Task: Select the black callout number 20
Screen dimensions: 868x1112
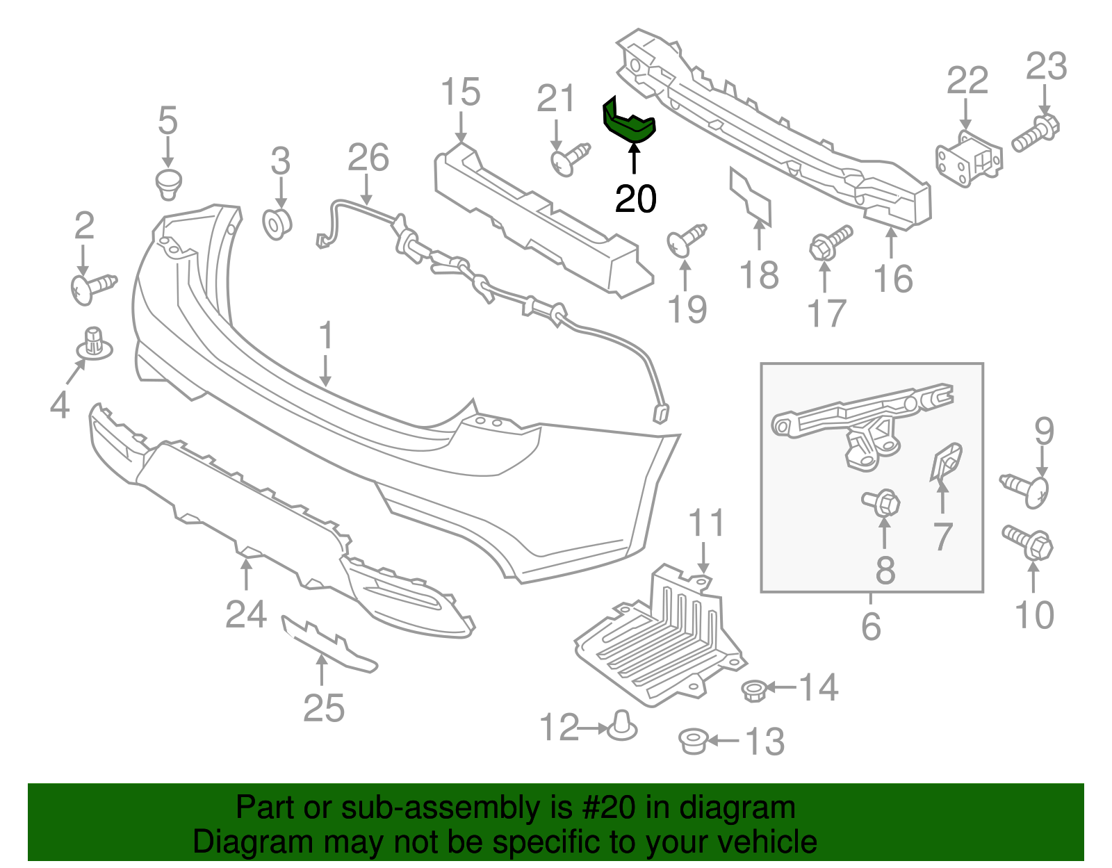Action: pos(635,199)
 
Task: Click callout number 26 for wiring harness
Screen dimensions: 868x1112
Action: pos(368,158)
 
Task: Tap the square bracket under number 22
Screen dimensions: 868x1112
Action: pos(968,160)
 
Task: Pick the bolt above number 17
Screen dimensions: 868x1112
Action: pos(829,241)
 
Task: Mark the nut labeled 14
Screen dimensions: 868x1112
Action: pos(754,691)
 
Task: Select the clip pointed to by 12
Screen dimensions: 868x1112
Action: pos(623,726)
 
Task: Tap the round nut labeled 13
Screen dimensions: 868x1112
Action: pos(693,741)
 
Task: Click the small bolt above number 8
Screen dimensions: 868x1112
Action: pos(882,502)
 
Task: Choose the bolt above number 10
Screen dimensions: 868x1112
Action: pos(1029,543)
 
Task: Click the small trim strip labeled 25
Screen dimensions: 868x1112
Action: pos(328,643)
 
